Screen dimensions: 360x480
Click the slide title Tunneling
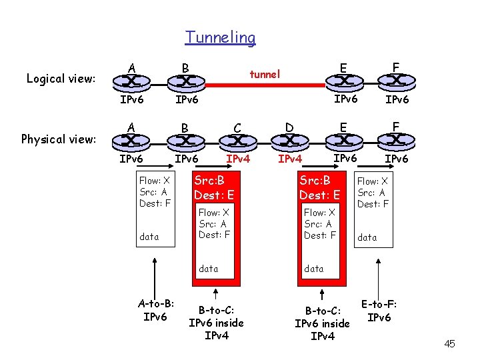(220, 37)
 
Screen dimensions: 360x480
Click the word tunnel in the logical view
(265, 74)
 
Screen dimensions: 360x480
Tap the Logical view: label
(61, 79)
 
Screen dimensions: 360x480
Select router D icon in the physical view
(289, 140)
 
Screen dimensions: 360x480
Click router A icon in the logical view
(132, 81)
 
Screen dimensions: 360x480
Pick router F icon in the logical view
(395, 81)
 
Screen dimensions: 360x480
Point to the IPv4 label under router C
(238, 159)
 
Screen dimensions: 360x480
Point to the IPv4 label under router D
(290, 159)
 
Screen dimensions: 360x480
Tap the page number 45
(449, 343)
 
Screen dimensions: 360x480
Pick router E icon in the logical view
(343, 81)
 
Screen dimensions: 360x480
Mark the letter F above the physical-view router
(396, 126)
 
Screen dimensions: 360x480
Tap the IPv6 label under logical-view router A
(132, 100)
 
